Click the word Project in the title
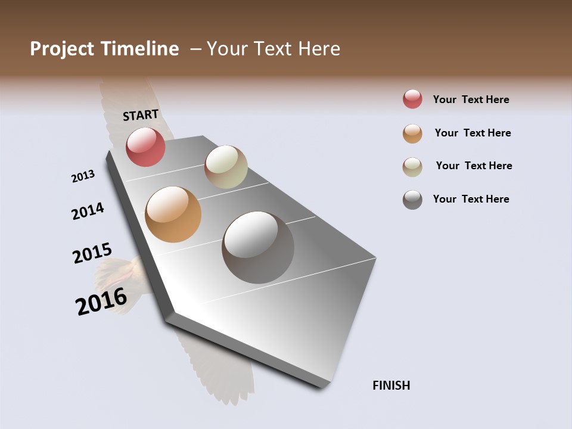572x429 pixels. click(x=63, y=49)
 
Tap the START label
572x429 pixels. click(x=141, y=115)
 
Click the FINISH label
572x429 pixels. click(x=391, y=386)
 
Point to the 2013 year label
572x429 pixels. click(x=83, y=176)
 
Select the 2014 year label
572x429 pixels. click(x=88, y=211)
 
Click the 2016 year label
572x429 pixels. click(x=101, y=301)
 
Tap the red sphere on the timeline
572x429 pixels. click(x=145, y=147)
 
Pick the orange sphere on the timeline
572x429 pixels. click(x=173, y=214)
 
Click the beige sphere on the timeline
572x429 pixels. click(x=226, y=167)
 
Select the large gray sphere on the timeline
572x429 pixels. click(x=258, y=247)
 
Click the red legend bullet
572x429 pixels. click(x=412, y=99)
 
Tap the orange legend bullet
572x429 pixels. click(x=412, y=133)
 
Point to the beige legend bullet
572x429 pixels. click(x=412, y=167)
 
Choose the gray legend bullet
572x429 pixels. click(x=412, y=200)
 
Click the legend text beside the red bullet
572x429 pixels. click(x=471, y=100)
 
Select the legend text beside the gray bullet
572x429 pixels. click(x=471, y=199)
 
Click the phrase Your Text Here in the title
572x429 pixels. click(x=273, y=49)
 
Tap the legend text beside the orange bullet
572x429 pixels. click(x=472, y=133)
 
